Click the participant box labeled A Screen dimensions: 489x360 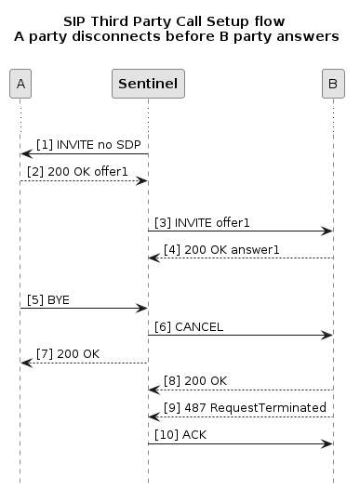pos(20,85)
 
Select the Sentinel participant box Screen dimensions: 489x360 pos(147,85)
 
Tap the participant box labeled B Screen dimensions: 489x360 pos(333,85)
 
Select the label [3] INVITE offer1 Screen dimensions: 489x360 pos(204,223)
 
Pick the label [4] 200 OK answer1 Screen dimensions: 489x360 pos(221,249)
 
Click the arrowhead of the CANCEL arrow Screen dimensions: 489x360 pos(328,335)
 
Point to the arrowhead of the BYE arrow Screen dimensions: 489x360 pos(143,308)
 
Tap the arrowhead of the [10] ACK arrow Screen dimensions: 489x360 pos(328,443)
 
